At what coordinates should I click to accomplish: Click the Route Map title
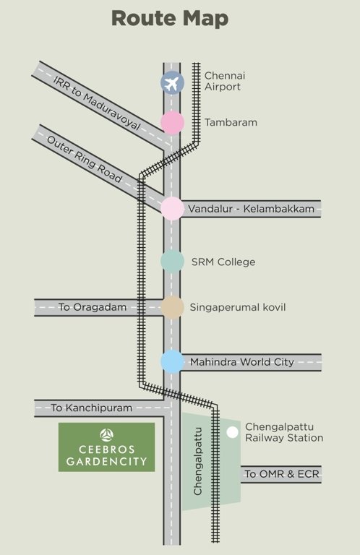pyautogui.click(x=180, y=18)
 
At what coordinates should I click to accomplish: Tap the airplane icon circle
pyautogui.click(x=172, y=82)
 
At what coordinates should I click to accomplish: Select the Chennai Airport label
pyautogui.click(x=223, y=81)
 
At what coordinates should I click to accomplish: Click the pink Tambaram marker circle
pyautogui.click(x=172, y=123)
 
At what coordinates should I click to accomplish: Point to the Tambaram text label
pyautogui.click(x=231, y=123)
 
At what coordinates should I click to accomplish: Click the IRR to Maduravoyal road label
pyautogui.click(x=95, y=102)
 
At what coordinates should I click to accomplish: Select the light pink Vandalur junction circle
pyautogui.click(x=172, y=209)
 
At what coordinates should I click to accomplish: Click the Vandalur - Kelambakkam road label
pyautogui.click(x=252, y=210)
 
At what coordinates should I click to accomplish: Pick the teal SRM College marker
pyautogui.click(x=172, y=262)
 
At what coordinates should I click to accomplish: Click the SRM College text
pyautogui.click(x=223, y=262)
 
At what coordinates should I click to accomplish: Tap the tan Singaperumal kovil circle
pyautogui.click(x=172, y=307)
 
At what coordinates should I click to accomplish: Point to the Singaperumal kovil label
pyautogui.click(x=238, y=307)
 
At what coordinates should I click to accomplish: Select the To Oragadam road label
pyautogui.click(x=93, y=307)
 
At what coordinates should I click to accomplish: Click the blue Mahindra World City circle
pyautogui.click(x=172, y=361)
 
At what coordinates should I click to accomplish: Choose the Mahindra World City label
pyautogui.click(x=242, y=361)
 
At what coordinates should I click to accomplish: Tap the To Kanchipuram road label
pyautogui.click(x=92, y=408)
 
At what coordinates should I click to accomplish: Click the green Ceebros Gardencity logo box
pyautogui.click(x=106, y=447)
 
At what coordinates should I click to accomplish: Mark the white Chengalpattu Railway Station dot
pyautogui.click(x=232, y=432)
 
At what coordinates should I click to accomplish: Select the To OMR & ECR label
pyautogui.click(x=280, y=474)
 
